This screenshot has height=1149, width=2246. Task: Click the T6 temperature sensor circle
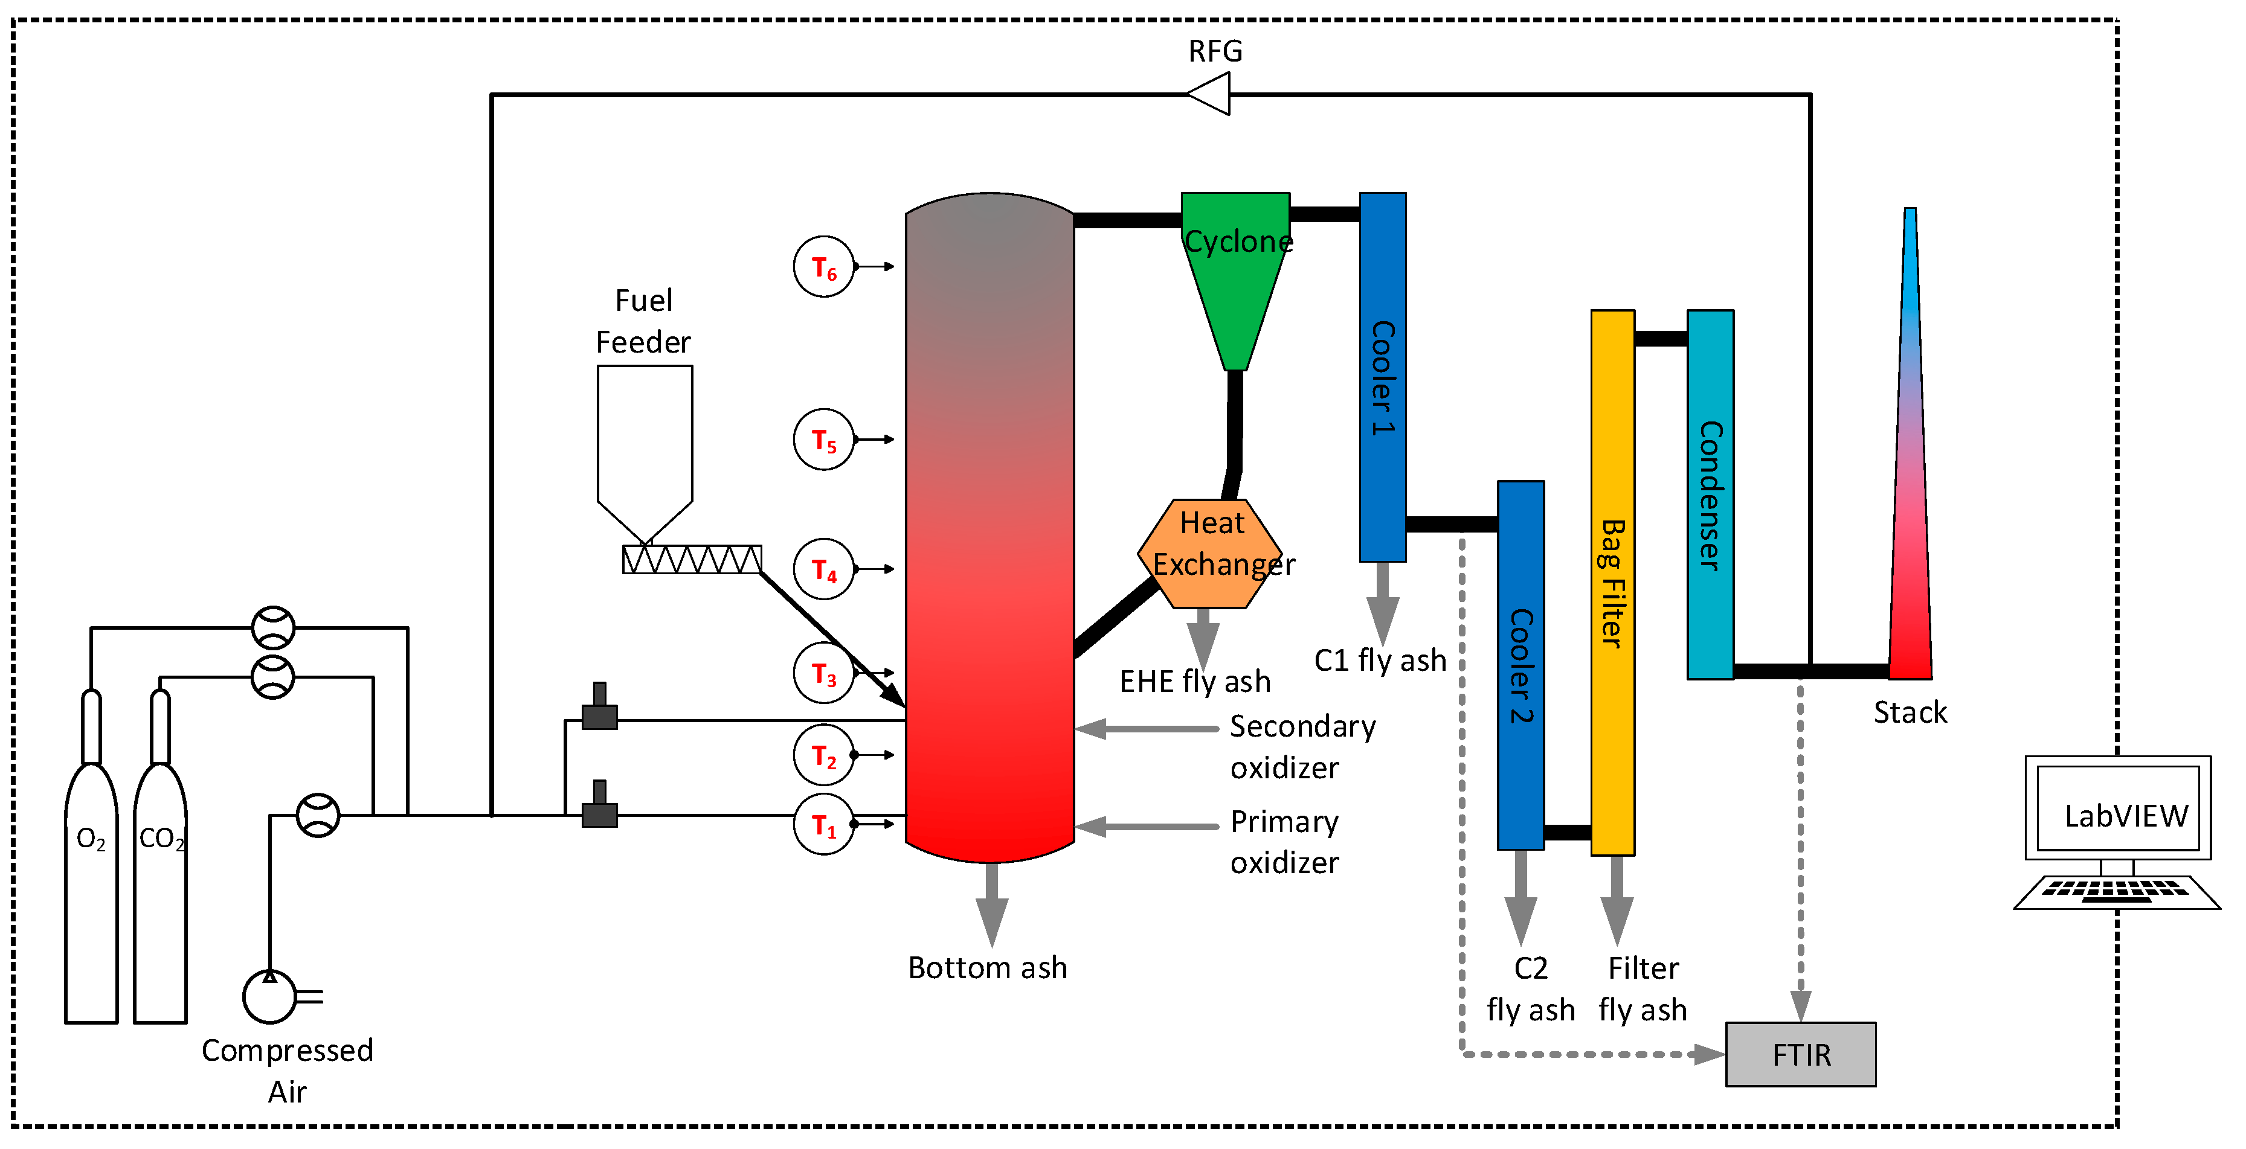click(x=823, y=267)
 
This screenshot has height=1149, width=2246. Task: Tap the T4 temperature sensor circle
click(x=823, y=569)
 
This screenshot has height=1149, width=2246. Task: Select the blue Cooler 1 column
click(x=1382, y=377)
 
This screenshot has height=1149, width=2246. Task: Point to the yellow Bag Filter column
click(x=1612, y=582)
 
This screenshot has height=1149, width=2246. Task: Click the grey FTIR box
click(x=1800, y=1054)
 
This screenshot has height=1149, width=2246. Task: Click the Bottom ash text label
click(x=987, y=968)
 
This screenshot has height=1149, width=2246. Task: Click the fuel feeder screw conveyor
click(x=692, y=560)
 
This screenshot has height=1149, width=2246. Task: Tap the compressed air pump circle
click(x=269, y=996)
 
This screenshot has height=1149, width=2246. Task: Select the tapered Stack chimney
click(x=1910, y=488)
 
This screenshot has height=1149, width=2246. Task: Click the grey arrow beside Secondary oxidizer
click(x=1147, y=729)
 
